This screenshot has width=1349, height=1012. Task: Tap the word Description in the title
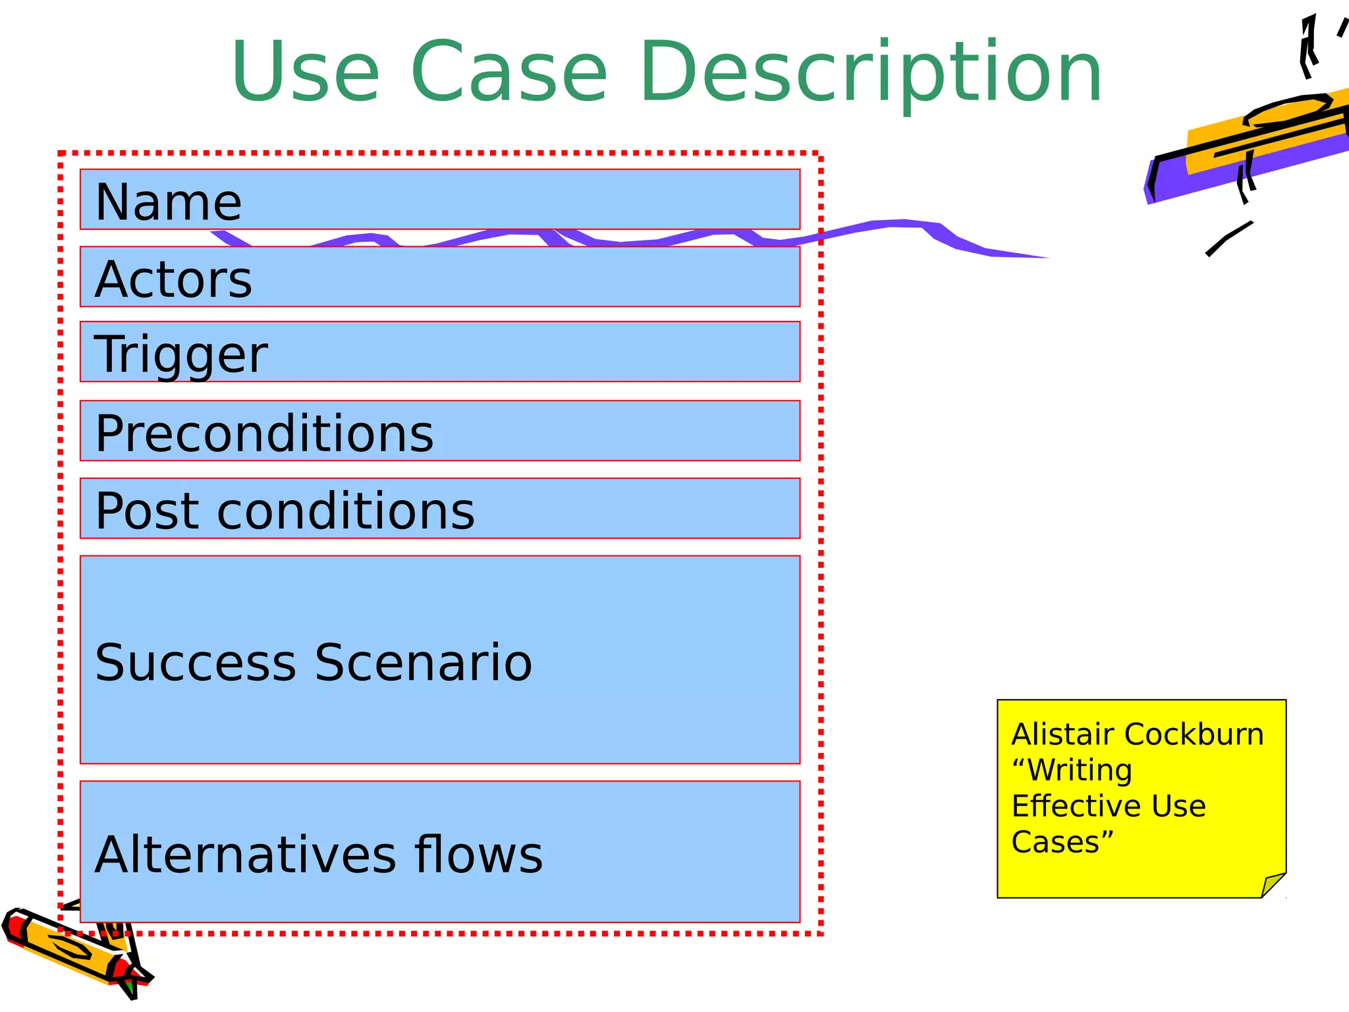871,72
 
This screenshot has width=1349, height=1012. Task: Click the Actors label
173,279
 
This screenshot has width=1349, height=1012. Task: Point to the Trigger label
181,354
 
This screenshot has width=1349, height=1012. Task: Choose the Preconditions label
264,434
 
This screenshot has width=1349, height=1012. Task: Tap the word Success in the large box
196,662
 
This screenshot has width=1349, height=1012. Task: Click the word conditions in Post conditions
345,511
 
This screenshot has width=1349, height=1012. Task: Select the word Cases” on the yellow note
1062,842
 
